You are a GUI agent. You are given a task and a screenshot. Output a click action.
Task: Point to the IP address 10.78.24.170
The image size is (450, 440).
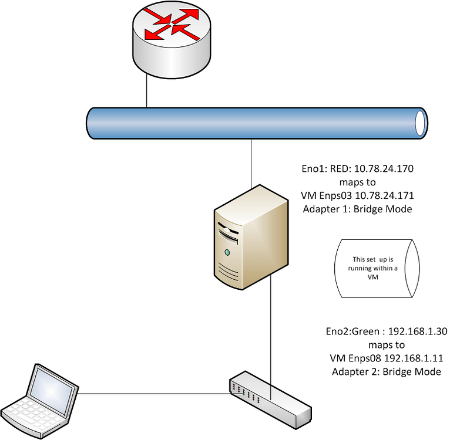pos(385,169)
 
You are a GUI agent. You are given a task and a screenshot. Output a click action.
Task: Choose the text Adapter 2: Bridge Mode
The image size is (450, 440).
pos(386,371)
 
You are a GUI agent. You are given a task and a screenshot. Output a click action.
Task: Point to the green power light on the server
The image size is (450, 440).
pos(226,253)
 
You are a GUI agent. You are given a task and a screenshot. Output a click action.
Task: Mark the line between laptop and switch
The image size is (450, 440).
pos(153,394)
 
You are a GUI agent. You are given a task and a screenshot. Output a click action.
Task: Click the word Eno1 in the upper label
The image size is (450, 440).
pos(313,169)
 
